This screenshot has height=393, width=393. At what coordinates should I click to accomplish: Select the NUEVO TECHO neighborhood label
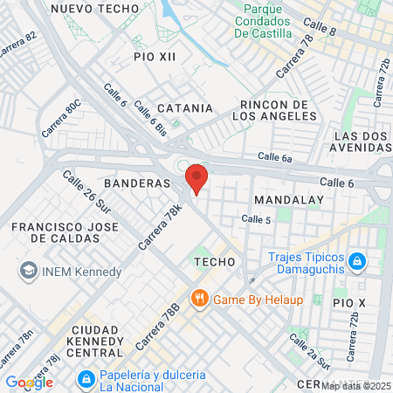(94, 7)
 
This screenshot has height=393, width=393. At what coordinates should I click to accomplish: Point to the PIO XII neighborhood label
(155, 56)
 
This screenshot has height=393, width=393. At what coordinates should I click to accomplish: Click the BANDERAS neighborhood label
(135, 184)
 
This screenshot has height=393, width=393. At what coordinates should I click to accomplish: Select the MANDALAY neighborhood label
(288, 200)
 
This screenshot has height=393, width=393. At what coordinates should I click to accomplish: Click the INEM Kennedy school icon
(27, 271)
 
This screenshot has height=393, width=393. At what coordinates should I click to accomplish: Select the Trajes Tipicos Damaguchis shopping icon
(356, 260)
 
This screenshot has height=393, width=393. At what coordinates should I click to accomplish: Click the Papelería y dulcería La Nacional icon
(86, 380)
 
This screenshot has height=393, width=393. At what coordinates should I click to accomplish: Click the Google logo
(29, 382)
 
